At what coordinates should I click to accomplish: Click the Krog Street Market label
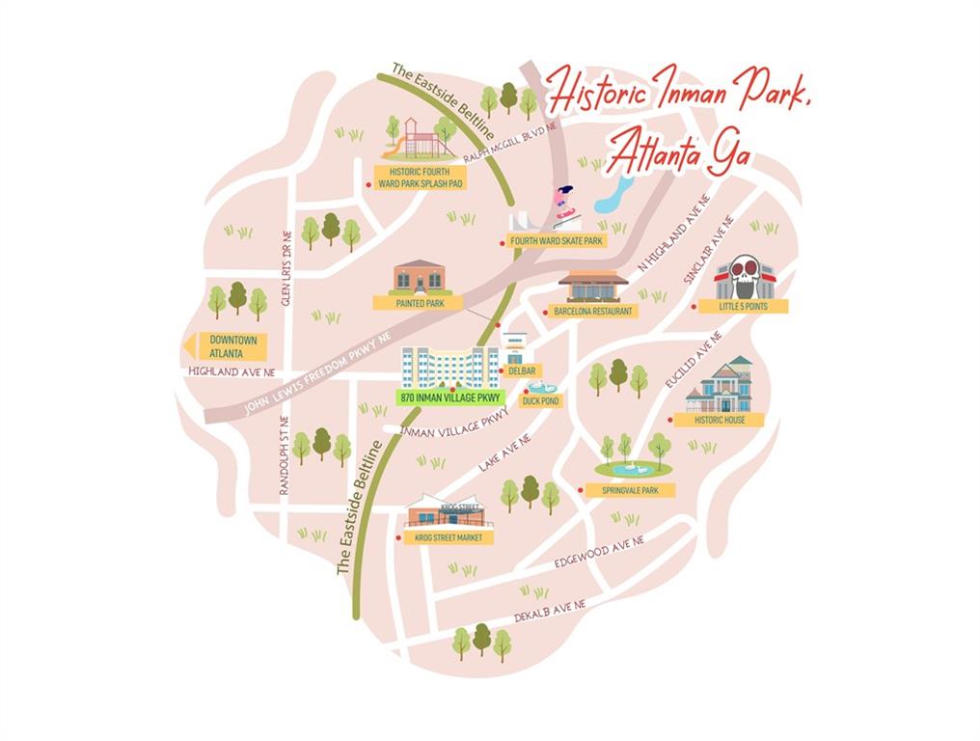(x=449, y=537)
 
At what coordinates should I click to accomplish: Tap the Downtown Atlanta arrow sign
(x=226, y=346)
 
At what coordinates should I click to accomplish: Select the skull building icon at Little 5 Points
(x=744, y=277)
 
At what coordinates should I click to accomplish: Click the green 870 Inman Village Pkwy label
(x=449, y=398)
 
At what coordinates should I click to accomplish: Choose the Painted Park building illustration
(x=422, y=277)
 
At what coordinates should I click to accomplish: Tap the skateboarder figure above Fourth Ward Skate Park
(x=564, y=202)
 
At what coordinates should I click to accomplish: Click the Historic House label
(x=720, y=420)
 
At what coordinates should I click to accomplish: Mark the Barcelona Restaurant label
(x=593, y=312)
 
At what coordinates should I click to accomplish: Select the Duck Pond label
(x=540, y=400)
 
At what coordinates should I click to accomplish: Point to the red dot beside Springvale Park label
(x=581, y=490)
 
